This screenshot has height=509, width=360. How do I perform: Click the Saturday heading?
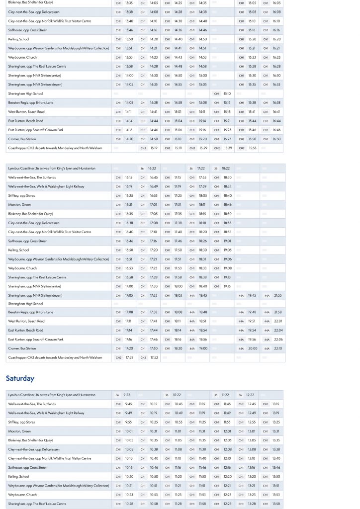20,378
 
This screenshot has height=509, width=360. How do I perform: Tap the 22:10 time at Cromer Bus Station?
277,348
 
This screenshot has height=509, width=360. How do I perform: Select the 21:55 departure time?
277,295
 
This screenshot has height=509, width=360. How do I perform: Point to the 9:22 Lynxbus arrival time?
127,395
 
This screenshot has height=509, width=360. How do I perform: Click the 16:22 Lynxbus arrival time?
152,169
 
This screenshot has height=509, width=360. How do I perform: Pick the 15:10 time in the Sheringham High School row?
227,93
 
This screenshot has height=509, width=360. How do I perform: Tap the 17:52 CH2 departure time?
154,357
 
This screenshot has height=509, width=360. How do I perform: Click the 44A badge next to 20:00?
241,348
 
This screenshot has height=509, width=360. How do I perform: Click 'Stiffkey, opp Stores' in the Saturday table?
21,422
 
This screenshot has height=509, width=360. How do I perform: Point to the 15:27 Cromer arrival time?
227,139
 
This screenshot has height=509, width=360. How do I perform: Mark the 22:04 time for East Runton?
277,331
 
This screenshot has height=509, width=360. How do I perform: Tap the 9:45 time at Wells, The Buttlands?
128,404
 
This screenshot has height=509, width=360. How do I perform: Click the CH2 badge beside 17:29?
118,357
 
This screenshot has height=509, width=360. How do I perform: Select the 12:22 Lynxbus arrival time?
250,395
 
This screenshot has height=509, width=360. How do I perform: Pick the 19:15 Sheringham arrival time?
227,286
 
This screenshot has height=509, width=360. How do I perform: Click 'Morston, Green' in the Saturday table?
19,431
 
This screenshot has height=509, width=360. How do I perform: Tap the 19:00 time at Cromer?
203,348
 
